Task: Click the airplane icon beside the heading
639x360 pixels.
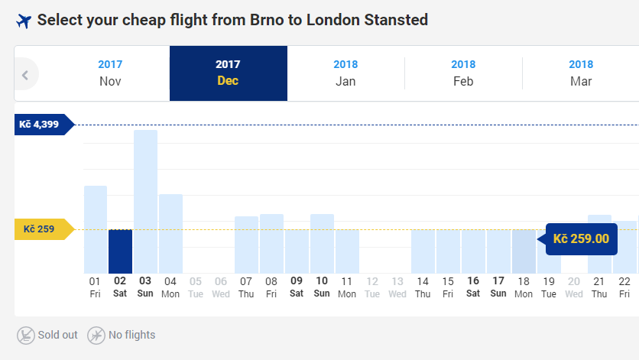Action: (x=24, y=21)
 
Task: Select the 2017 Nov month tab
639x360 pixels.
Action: (x=110, y=73)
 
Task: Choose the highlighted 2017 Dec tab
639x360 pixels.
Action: (x=229, y=73)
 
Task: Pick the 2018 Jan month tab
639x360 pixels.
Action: (x=345, y=73)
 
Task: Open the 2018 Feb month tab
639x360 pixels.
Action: (x=463, y=73)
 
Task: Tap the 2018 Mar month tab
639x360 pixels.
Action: (x=581, y=73)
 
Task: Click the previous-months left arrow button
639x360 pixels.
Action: (x=26, y=75)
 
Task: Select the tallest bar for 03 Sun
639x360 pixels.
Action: (x=145, y=202)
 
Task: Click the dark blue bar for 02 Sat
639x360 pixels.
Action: (x=120, y=251)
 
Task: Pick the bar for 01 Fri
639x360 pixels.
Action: (x=96, y=229)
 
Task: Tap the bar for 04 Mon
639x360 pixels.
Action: (x=170, y=234)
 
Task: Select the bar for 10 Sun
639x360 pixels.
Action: (x=322, y=244)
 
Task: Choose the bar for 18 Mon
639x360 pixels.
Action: (x=524, y=251)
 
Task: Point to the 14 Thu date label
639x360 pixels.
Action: (x=423, y=287)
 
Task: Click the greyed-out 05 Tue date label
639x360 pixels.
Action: (x=196, y=287)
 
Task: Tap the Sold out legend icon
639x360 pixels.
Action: (x=26, y=336)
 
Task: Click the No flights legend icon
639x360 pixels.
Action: (x=96, y=336)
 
